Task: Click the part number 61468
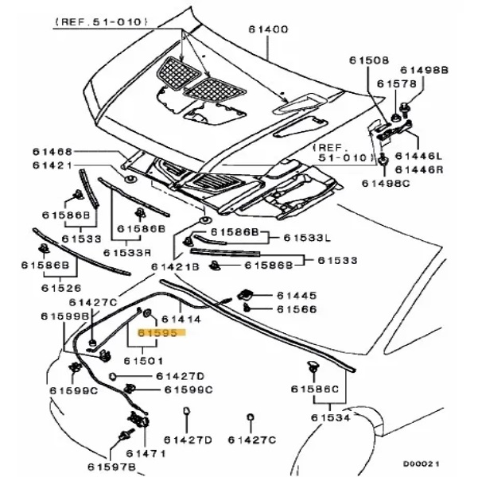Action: pyautogui.click(x=52, y=152)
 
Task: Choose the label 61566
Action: pyautogui.click(x=297, y=308)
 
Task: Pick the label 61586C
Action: pyautogui.click(x=315, y=389)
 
